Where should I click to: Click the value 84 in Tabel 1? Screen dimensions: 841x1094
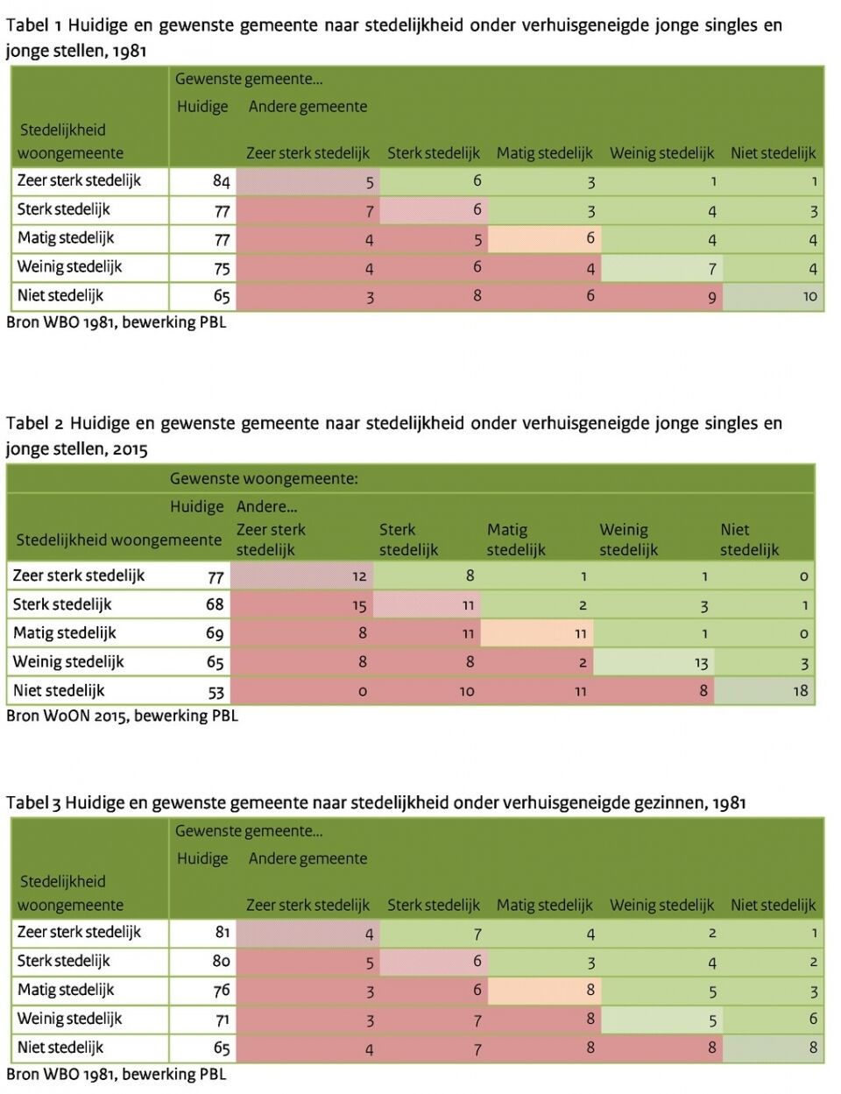tap(221, 180)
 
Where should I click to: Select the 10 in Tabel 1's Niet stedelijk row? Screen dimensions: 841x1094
tap(809, 296)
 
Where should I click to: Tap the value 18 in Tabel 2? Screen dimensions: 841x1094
tap(800, 690)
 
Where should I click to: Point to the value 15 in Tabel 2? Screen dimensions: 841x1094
tap(359, 604)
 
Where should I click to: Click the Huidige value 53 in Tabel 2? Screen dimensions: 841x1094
tap(216, 692)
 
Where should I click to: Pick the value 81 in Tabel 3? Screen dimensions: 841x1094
tap(222, 932)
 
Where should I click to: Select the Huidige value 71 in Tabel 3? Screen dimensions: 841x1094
tap(222, 1020)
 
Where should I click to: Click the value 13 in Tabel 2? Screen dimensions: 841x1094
tap(701, 663)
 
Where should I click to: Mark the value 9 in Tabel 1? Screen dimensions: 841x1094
tap(711, 298)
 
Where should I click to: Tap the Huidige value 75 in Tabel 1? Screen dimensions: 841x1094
tap(222, 268)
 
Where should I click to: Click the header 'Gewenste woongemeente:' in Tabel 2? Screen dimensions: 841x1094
tap(264, 478)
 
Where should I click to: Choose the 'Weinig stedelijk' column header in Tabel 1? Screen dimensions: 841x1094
tap(661, 153)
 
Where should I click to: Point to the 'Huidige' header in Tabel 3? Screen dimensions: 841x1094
tap(202, 858)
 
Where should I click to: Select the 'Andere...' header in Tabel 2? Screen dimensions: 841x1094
tap(266, 506)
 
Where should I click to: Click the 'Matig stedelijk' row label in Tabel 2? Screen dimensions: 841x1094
tap(65, 633)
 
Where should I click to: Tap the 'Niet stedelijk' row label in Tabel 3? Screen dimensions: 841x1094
tap(60, 1048)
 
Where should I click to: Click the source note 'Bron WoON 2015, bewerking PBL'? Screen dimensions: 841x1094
tap(123, 715)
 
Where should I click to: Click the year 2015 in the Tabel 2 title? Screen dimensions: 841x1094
tap(131, 449)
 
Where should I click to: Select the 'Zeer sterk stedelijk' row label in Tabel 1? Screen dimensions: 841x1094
tap(79, 180)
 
